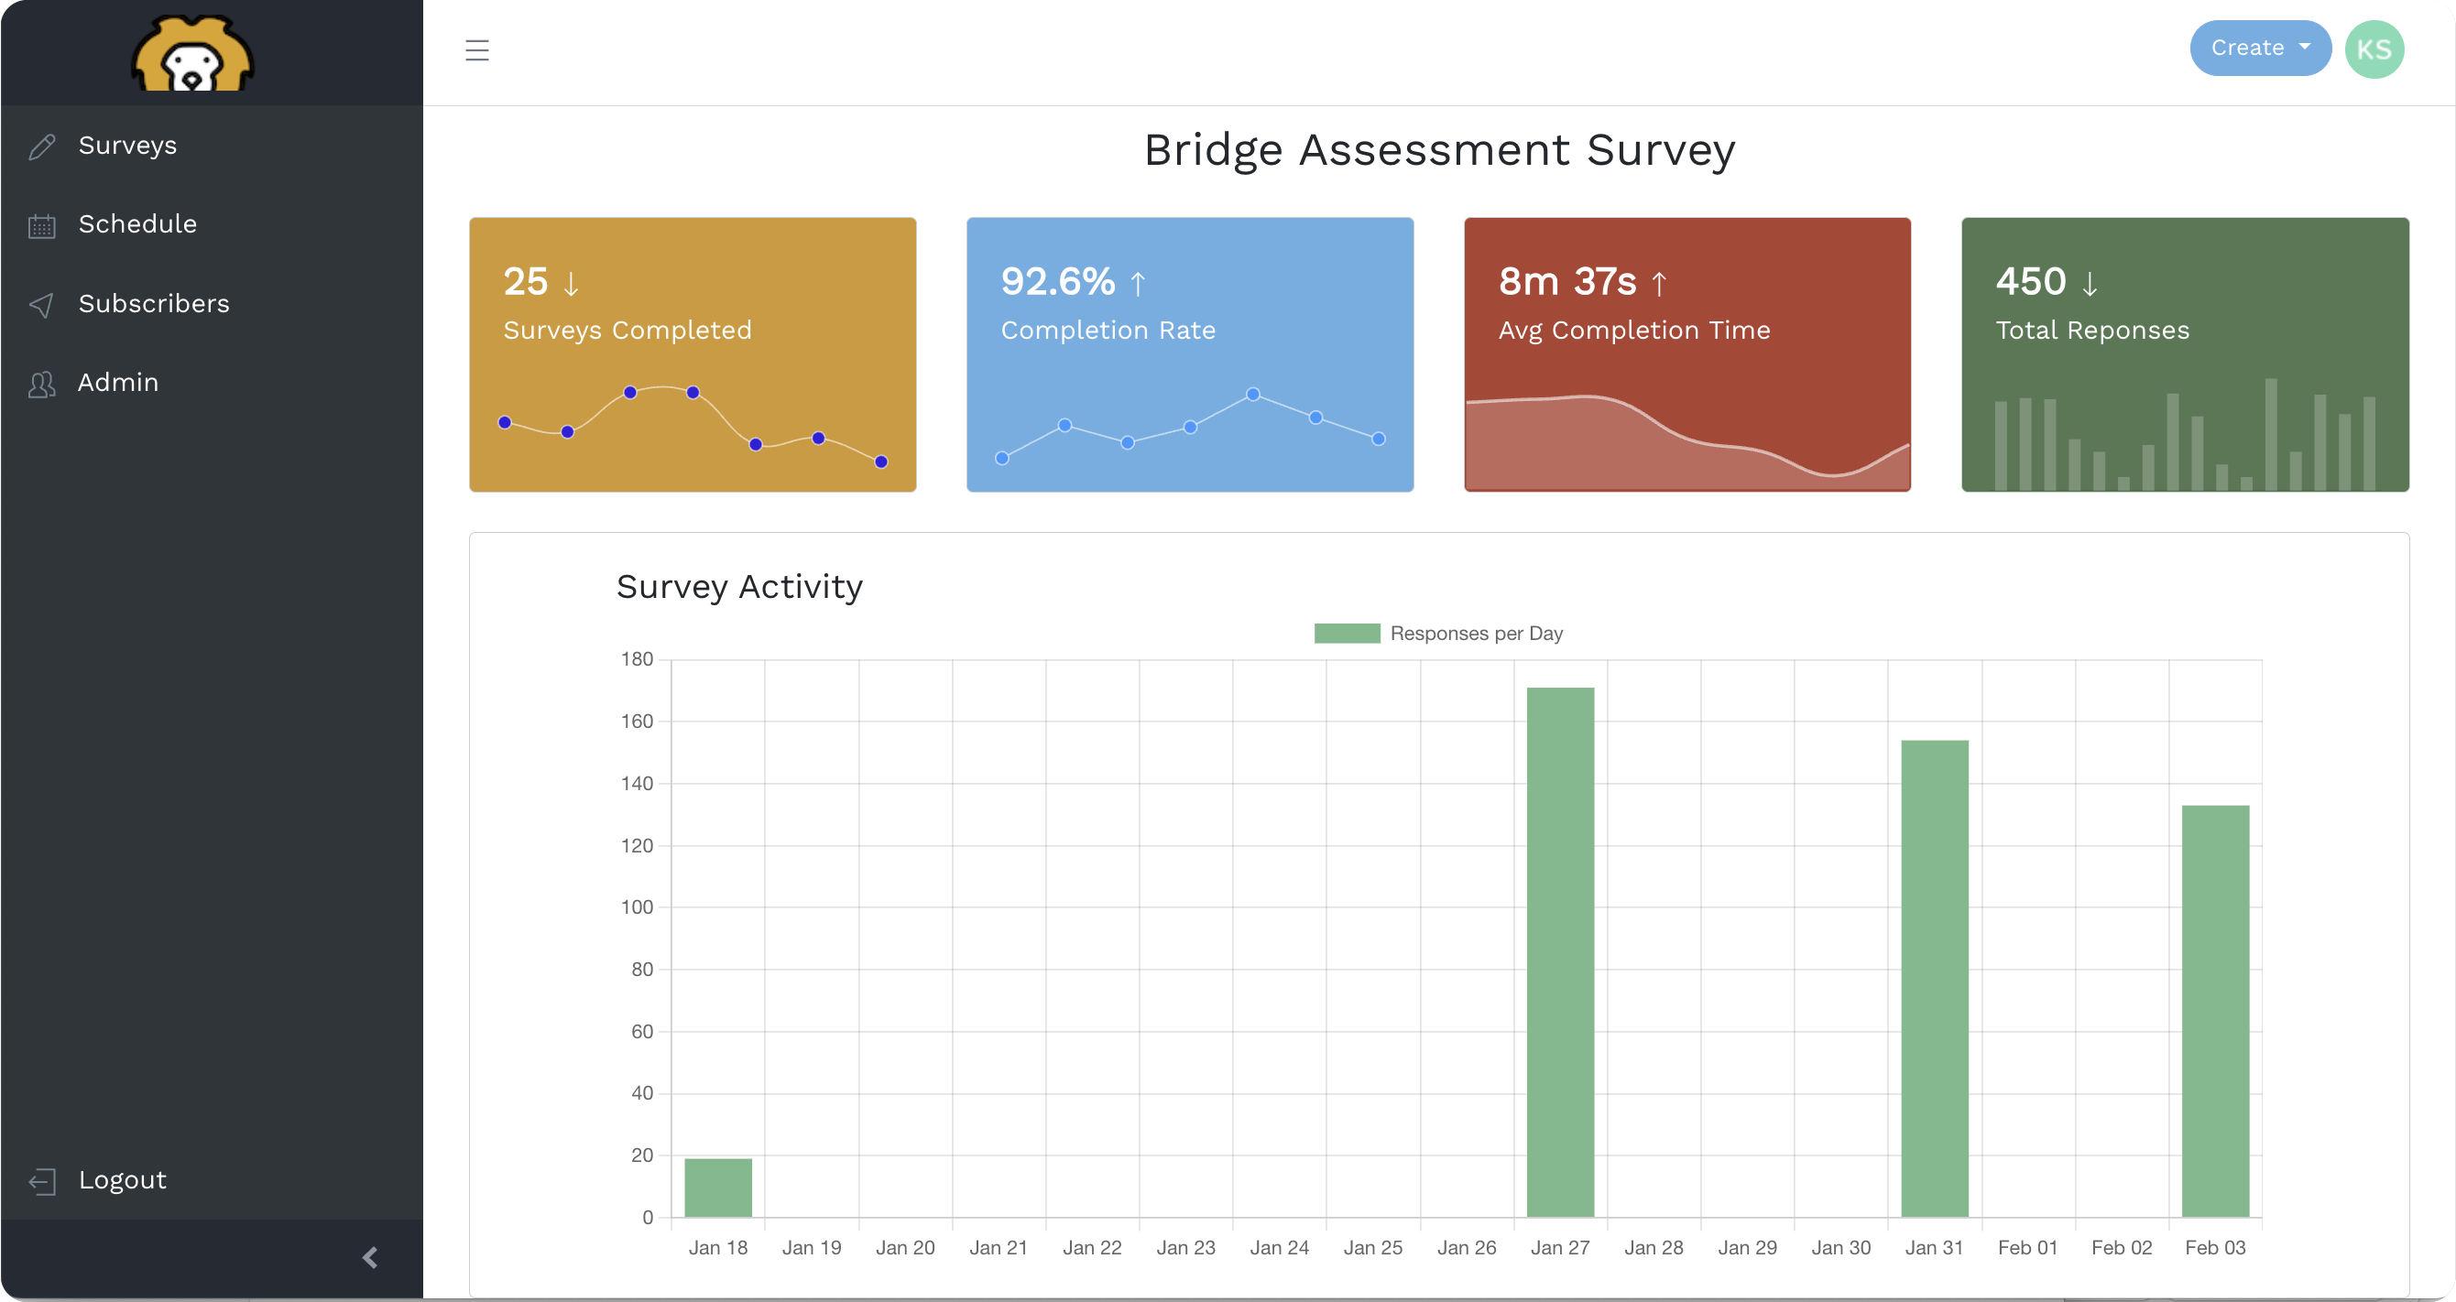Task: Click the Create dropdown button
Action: point(2259,49)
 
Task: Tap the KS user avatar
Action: point(2373,49)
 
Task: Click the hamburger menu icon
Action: point(476,50)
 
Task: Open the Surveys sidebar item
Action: point(126,146)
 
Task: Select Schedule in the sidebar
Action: point(137,225)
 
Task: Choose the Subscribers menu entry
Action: point(154,304)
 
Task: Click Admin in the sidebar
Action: point(118,383)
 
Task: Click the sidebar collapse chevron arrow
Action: point(370,1258)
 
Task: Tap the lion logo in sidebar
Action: point(191,55)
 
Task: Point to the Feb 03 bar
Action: point(2215,1010)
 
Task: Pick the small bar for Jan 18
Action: point(718,1188)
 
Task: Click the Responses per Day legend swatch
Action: point(1347,634)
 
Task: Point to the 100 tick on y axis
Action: point(637,907)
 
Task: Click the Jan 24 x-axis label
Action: point(1279,1248)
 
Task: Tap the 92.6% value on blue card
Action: point(1057,282)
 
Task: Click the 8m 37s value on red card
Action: point(1566,282)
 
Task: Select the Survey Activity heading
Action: point(739,587)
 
